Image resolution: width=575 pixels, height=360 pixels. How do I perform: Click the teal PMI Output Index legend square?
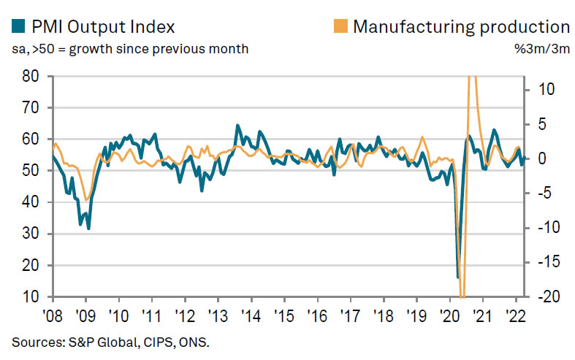pos(18,28)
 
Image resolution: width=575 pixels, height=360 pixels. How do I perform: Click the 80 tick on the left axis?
pos(30,75)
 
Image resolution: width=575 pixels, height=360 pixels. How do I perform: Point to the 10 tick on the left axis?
pos(30,297)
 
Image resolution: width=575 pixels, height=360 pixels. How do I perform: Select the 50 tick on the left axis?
pos(30,170)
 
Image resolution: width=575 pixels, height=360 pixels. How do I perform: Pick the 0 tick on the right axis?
pos(541,158)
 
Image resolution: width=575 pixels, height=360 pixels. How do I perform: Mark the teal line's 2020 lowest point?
pos(458,277)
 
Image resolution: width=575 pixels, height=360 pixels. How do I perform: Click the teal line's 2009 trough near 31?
pos(88,229)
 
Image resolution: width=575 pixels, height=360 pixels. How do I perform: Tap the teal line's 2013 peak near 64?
pos(237,126)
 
